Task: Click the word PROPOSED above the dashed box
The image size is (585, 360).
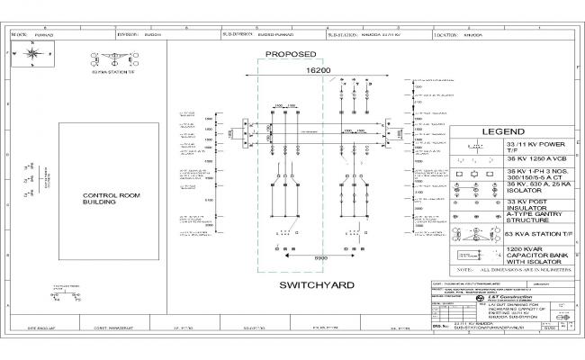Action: pos(290,53)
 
